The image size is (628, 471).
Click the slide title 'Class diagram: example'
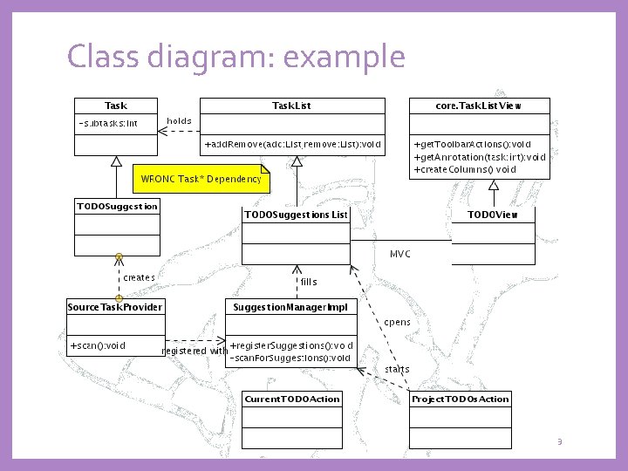point(235,58)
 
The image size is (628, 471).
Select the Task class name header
point(116,106)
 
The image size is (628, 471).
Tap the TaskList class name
point(291,106)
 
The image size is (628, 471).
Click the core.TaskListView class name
point(479,106)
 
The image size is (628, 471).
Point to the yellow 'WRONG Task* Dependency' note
point(201,179)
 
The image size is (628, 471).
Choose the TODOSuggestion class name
point(117,207)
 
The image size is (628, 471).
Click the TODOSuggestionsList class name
point(296,215)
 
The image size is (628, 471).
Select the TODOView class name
point(492,215)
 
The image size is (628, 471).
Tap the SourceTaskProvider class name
point(116,307)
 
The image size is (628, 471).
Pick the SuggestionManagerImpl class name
point(290,307)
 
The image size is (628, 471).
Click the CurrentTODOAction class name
point(291,399)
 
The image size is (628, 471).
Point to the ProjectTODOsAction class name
point(460,399)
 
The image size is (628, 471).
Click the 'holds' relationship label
point(179,120)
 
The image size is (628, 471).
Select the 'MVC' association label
point(399,254)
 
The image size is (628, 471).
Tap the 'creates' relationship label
point(140,277)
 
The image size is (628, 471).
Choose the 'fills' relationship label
point(309,282)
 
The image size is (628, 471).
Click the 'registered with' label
point(195,351)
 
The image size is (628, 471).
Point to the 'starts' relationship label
point(397,369)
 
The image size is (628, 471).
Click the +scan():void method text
point(98,345)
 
